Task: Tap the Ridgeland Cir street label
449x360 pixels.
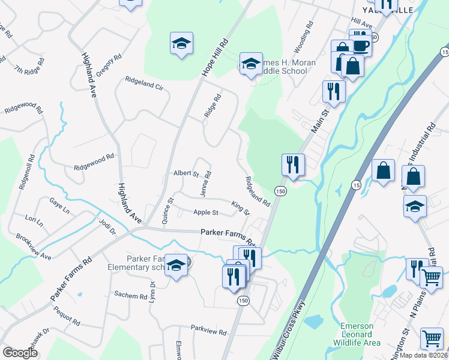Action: coord(144,83)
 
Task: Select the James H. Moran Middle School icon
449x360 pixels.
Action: coord(250,64)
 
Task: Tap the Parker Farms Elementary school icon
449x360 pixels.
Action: coord(176,265)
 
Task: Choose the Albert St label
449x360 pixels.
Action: coord(186,173)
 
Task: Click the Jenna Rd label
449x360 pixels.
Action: coord(206,183)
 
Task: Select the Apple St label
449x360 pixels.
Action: coord(206,212)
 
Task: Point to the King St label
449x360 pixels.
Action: coord(240,208)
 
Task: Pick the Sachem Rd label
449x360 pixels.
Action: coord(131,296)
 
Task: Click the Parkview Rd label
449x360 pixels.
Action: coord(209,331)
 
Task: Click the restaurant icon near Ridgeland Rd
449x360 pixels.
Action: coord(293,165)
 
